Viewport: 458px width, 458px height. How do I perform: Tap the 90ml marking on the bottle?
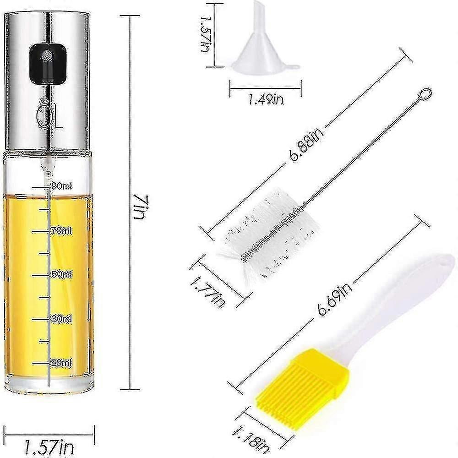(62, 186)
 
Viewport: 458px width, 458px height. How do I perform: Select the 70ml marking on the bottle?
(62, 230)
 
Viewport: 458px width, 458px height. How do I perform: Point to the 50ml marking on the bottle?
(62, 274)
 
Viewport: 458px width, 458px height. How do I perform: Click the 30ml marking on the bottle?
(62, 318)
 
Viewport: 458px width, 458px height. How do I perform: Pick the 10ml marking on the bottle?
(62, 363)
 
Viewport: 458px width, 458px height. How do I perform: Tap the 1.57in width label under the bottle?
(49, 447)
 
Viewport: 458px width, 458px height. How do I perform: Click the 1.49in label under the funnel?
(266, 100)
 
